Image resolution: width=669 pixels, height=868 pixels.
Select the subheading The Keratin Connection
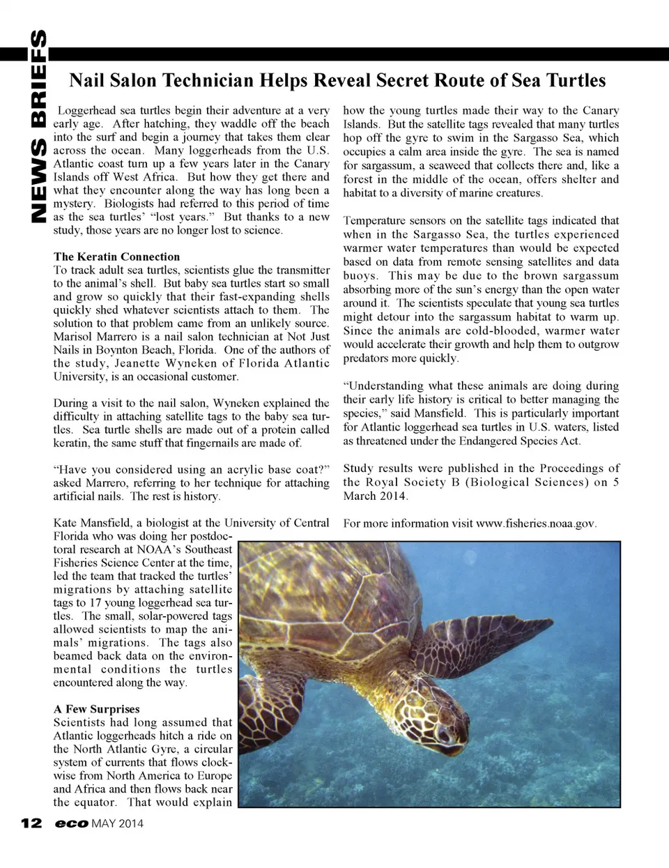click(x=116, y=257)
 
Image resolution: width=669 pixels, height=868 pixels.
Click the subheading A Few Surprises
click(x=96, y=709)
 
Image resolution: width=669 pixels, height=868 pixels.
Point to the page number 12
click(x=31, y=823)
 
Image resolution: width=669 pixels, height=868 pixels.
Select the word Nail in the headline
click(x=86, y=81)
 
